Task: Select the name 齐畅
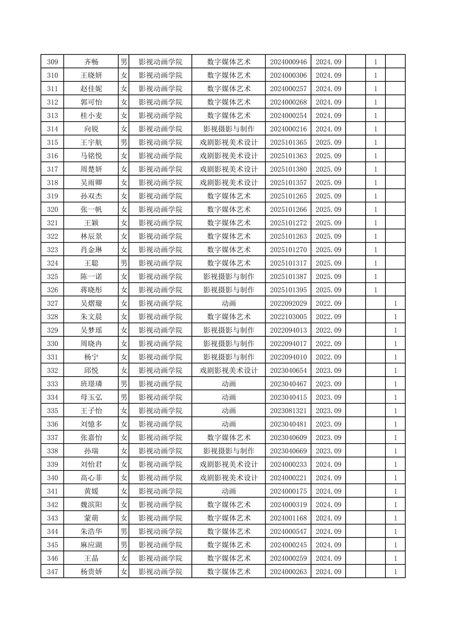click(91, 62)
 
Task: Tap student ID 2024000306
click(288, 75)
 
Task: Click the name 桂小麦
click(91, 116)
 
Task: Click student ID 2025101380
click(288, 169)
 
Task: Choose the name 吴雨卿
click(91, 183)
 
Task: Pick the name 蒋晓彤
click(91, 290)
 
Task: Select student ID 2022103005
click(288, 317)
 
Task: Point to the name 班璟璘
click(91, 384)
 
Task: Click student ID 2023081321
click(288, 411)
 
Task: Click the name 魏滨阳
click(91, 505)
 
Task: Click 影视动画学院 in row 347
click(160, 572)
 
